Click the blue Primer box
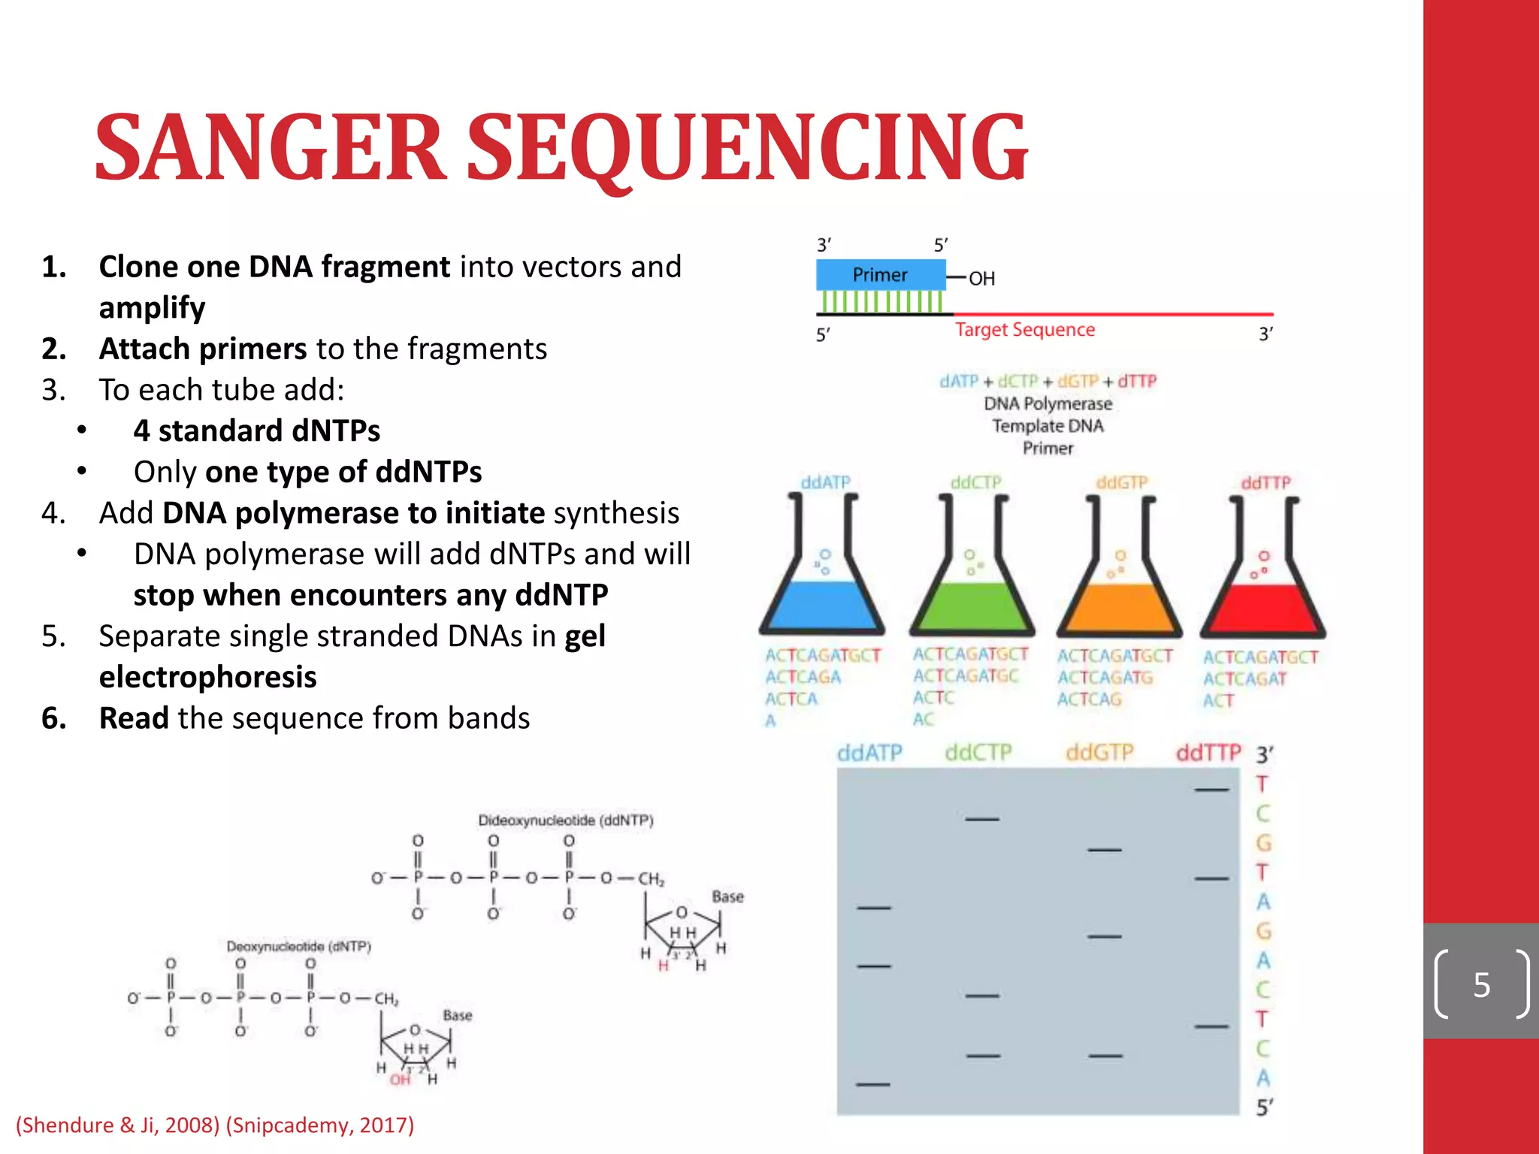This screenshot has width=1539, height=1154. [880, 275]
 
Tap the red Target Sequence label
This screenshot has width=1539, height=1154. [1025, 330]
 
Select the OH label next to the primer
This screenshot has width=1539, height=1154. [981, 279]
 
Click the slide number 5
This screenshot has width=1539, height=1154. [1481, 985]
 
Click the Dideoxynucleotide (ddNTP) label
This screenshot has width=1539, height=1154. [566, 820]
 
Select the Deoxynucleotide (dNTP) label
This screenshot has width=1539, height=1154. [299, 947]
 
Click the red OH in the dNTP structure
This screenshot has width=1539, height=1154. [400, 1080]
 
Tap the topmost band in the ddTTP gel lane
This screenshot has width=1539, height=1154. [1211, 790]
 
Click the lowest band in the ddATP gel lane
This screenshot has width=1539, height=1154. [873, 1084]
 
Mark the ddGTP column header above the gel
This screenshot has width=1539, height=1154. [1099, 753]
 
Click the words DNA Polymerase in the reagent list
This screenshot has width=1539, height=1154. [1048, 403]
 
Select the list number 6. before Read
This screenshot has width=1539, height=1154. [53, 718]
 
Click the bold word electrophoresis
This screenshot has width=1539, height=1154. [207, 677]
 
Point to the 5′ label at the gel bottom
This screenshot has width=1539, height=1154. [1265, 1107]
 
